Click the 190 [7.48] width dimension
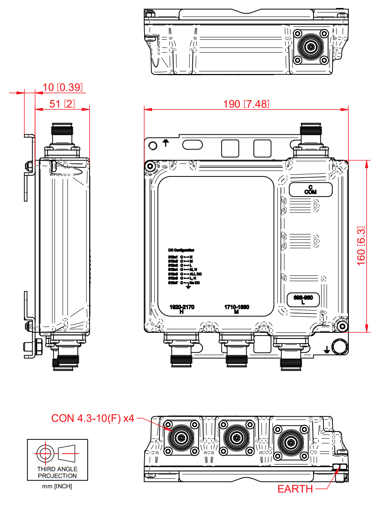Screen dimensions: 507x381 click(x=246, y=104)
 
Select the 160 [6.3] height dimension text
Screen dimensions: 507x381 click(x=361, y=246)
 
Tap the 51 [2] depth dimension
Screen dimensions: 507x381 click(x=62, y=104)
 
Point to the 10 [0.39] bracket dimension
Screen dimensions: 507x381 click(x=63, y=87)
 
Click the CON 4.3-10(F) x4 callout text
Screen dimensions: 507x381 click(x=93, y=418)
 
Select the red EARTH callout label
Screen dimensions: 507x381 click(x=295, y=489)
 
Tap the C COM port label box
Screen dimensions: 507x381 click(x=310, y=190)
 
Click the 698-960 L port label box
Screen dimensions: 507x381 click(x=303, y=299)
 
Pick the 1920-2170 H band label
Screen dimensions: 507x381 click(x=182, y=309)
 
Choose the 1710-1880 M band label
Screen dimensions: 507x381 click(x=236, y=309)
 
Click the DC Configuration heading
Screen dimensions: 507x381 click(x=181, y=250)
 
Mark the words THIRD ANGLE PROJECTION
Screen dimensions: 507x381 click(x=57, y=472)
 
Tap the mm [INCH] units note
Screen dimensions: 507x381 click(x=57, y=486)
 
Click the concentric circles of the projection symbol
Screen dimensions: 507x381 click(x=45, y=453)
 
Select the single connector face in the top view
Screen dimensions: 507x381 click(x=311, y=47)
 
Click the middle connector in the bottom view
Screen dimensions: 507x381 click(x=236, y=438)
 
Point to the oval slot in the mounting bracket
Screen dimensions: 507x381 click(x=192, y=145)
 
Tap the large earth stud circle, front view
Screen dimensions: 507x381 click(x=339, y=346)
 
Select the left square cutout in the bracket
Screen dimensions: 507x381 click(x=230, y=148)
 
